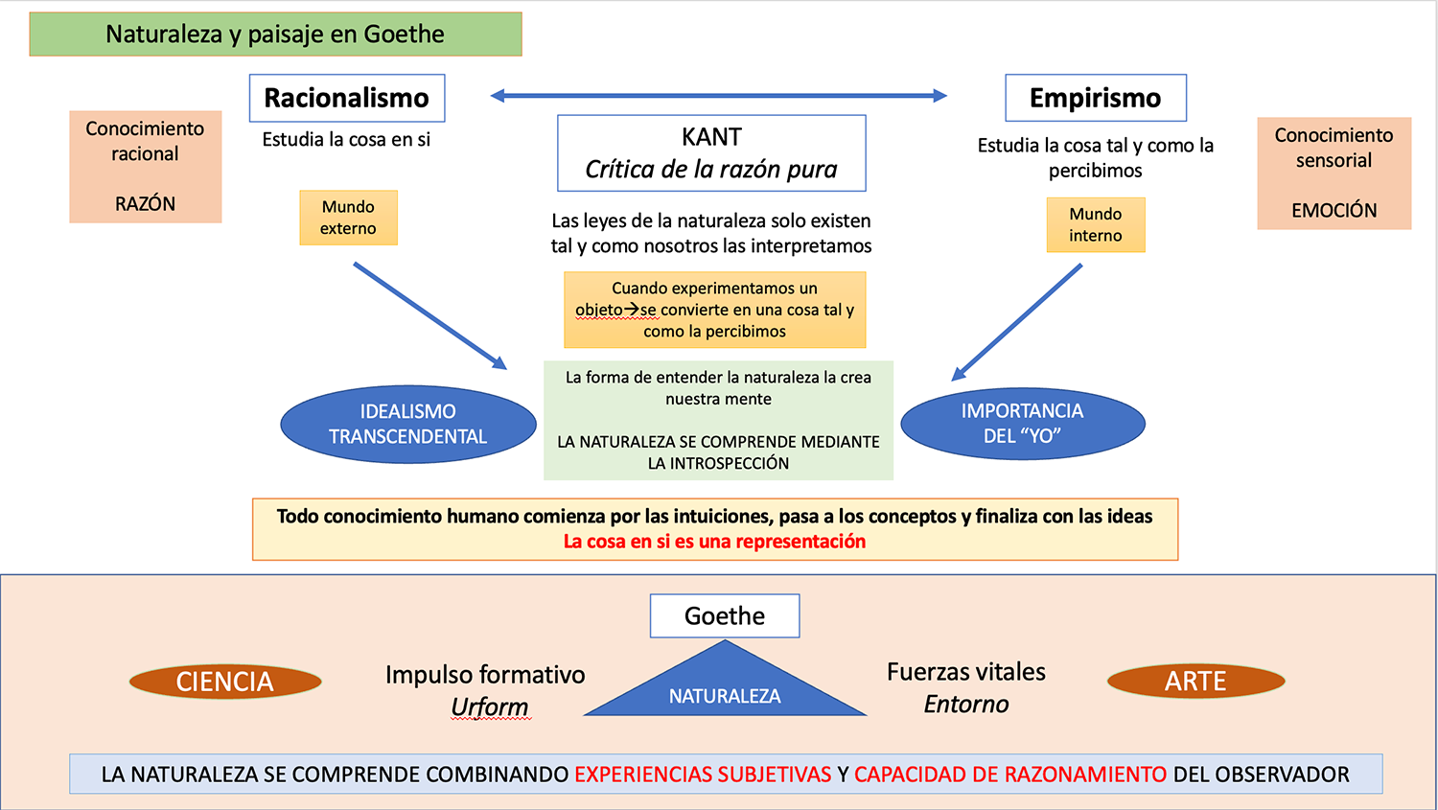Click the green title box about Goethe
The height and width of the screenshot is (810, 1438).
click(x=275, y=35)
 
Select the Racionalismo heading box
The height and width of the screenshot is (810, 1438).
click(x=347, y=98)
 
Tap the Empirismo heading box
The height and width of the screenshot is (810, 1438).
click(x=1096, y=98)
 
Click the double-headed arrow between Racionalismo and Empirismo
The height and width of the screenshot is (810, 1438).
click(x=718, y=96)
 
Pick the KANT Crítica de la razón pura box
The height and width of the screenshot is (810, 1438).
click(x=711, y=153)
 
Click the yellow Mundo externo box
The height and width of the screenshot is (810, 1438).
click(x=348, y=218)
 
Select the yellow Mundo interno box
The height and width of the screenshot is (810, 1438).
click(x=1095, y=225)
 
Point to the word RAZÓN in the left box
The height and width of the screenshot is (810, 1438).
click(x=146, y=204)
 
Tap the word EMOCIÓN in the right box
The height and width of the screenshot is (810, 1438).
click(x=1334, y=211)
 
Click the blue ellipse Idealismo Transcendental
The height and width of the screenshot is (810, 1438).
click(x=408, y=425)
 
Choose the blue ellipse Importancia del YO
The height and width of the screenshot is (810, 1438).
click(x=1022, y=424)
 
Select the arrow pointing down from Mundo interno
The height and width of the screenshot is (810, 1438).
click(x=1017, y=322)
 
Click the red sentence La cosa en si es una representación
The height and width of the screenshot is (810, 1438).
click(x=714, y=542)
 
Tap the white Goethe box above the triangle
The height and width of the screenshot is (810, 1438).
click(x=725, y=615)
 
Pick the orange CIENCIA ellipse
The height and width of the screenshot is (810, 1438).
click(x=225, y=682)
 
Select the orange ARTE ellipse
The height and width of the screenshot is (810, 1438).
click(x=1195, y=682)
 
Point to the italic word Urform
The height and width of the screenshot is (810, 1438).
click(x=490, y=707)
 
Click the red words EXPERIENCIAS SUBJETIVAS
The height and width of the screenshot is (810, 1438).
click(x=703, y=775)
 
